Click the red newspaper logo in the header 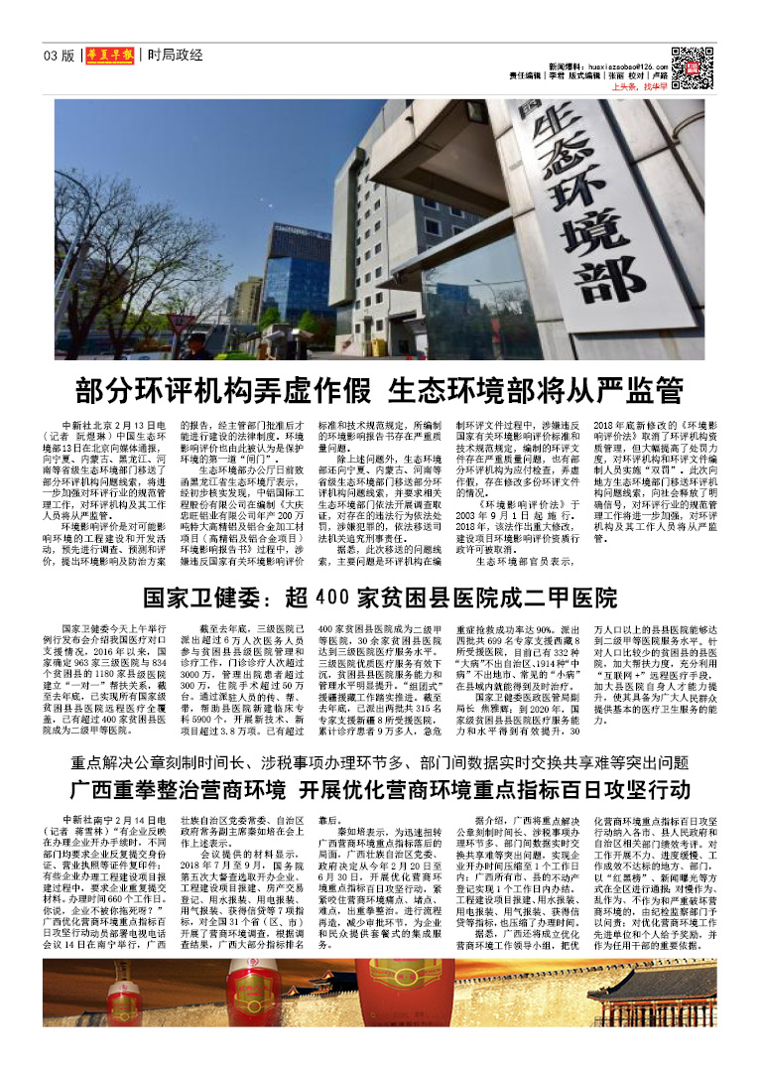(x=108, y=56)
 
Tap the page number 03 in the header (x=51, y=56)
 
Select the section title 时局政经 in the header (x=175, y=56)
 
